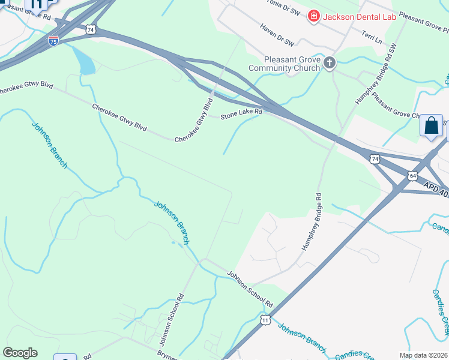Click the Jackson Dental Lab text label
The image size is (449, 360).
coord(360,17)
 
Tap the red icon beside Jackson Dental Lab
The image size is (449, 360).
coord(313,16)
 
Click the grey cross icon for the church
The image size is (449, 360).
coord(330,62)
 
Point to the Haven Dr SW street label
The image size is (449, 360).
coord(277,35)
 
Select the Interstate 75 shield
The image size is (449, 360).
coord(53,41)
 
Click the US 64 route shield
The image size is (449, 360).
coord(412,176)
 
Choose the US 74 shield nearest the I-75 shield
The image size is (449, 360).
coord(90,29)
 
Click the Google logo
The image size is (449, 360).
coord(20,352)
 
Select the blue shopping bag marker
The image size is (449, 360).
coord(431,126)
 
